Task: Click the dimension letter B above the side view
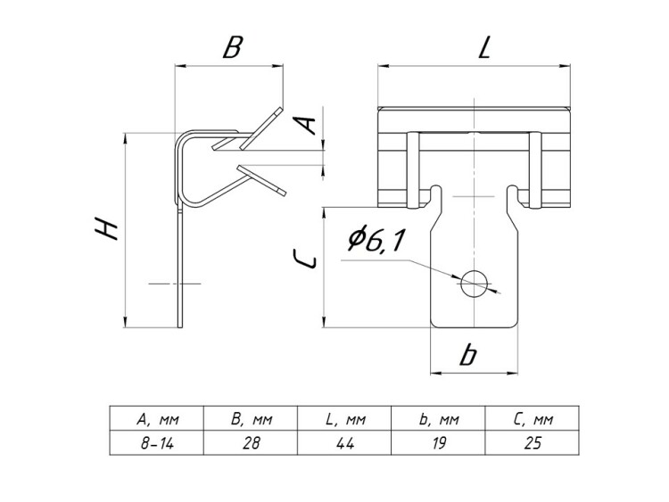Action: pos(231,46)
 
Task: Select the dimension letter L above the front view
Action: pos(484,47)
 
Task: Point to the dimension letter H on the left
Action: pos(107,229)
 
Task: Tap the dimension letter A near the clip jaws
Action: pos(306,124)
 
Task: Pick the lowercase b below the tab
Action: pos(467,355)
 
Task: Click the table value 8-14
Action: pos(156,444)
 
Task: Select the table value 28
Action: pos(251,444)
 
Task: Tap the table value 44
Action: pos(343,444)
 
